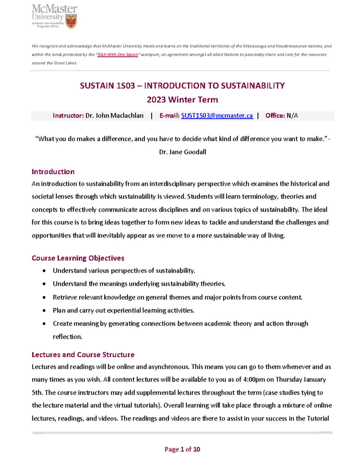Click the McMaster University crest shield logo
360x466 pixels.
coord(71,21)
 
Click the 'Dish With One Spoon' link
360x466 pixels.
coord(118,55)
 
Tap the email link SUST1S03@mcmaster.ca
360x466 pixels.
coord(217,116)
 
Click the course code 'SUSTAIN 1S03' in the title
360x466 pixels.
coord(107,86)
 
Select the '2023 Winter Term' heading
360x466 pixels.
coord(182,100)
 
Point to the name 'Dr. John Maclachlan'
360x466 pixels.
coord(114,116)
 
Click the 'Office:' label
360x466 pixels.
coord(275,116)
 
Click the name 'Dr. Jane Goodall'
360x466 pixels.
coord(182,152)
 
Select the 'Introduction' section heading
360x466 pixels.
coord(53,172)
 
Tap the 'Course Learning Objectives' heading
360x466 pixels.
coord(78,258)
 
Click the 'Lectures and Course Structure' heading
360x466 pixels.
coord(83,355)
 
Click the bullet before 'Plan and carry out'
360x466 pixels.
coord(44,311)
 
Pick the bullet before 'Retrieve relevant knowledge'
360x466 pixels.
coord(44,297)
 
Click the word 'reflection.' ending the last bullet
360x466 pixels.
coord(67,337)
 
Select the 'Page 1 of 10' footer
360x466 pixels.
coord(182,449)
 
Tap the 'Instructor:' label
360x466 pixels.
coord(68,116)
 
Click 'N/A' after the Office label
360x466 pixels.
coord(292,116)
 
